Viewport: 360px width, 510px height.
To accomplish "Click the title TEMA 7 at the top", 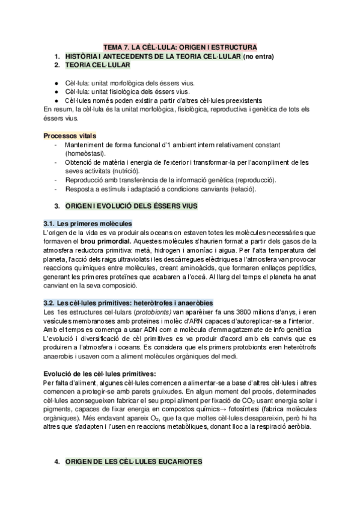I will [180, 46].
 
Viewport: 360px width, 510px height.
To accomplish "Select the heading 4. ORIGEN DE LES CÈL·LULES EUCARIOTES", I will [134, 462].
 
